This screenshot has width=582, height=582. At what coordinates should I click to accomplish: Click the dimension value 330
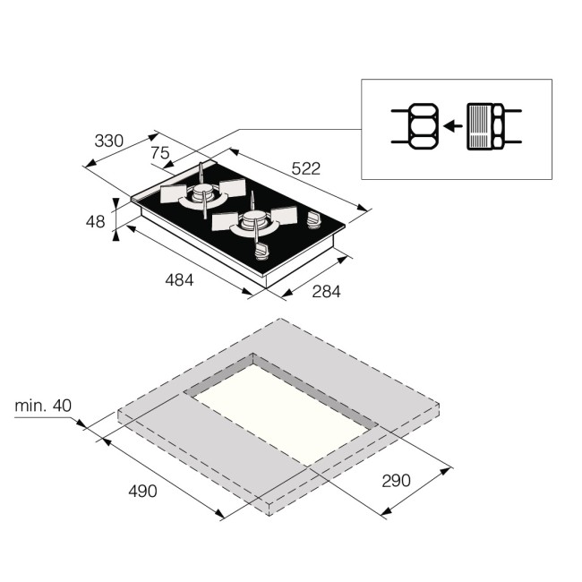click(109, 141)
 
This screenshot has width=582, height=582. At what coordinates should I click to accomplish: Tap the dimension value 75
click(160, 153)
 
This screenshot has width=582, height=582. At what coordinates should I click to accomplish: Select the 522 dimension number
click(305, 168)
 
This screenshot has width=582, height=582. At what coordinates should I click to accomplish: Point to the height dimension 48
click(96, 220)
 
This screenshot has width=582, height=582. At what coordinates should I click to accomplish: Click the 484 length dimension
click(181, 279)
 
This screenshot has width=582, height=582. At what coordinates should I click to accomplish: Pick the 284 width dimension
click(326, 291)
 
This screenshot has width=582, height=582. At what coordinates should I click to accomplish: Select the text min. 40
click(42, 407)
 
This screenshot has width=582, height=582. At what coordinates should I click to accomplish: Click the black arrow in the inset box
click(454, 126)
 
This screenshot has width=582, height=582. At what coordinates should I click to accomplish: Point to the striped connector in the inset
click(487, 126)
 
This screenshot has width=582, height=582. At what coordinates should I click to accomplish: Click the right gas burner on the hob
click(254, 223)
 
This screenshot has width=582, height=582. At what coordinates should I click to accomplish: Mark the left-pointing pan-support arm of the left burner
click(171, 194)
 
